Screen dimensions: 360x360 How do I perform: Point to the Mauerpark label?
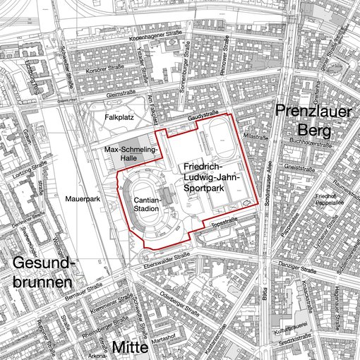tap(78, 200)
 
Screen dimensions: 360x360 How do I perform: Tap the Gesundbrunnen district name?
tap(42, 272)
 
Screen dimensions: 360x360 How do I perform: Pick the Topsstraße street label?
tap(222, 220)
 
